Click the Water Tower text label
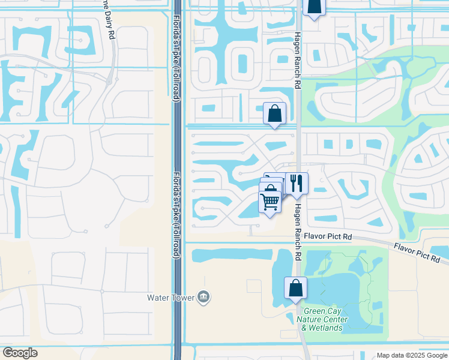click(x=171, y=297)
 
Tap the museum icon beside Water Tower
click(x=203, y=297)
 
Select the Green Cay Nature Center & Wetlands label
click(x=322, y=319)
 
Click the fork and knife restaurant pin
click(x=297, y=184)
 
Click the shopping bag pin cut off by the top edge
click(x=313, y=7)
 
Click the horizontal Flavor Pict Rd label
click(x=327, y=237)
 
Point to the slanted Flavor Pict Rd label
click(x=417, y=251)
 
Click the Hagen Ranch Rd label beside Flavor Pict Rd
click(x=297, y=231)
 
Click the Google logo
click(x=20, y=353)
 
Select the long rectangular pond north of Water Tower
click(x=231, y=255)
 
